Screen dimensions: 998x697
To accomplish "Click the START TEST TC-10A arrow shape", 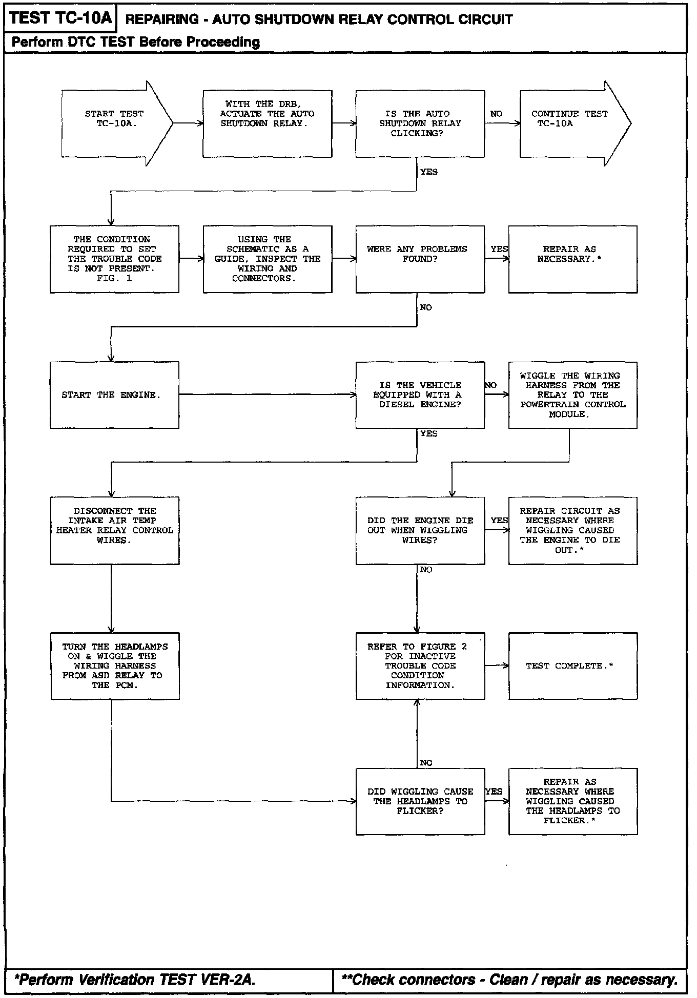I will coord(115,123).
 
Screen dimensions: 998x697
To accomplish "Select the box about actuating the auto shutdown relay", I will coord(267,123).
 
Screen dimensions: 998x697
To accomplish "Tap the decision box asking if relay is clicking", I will coord(420,123).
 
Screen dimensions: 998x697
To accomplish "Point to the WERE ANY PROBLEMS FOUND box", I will coord(420,259).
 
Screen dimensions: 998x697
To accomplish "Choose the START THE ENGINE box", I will coord(114,395).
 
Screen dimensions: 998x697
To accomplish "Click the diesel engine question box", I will coord(420,395).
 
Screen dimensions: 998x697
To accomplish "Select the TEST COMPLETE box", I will coord(572,666).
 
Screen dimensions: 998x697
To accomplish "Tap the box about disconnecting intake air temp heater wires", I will coord(115,530).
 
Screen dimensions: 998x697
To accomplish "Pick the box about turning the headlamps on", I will coord(115,666).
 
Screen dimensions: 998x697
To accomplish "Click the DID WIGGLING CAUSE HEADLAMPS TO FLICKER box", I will coord(420,801).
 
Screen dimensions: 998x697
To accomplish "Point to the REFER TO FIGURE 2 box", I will coord(420,666).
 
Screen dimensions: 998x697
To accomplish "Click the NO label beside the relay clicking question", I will coord(496,114).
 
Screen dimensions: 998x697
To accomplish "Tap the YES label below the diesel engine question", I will coord(428,433).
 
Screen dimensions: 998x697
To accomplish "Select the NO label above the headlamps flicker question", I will coord(426,763).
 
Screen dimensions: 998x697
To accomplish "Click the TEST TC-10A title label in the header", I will coord(60,18).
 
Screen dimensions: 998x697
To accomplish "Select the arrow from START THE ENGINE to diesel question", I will coord(267,394).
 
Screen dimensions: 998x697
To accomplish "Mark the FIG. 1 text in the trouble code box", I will coord(114,278).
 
